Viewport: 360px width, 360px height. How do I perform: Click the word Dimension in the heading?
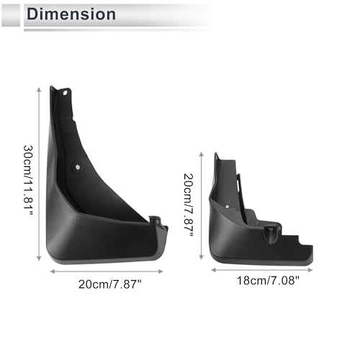click(71, 14)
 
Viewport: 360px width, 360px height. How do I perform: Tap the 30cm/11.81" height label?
click(28, 180)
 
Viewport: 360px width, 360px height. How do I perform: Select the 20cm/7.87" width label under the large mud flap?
click(110, 284)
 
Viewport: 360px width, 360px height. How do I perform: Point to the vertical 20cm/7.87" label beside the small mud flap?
click(189, 204)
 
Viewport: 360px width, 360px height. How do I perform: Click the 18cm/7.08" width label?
click(268, 280)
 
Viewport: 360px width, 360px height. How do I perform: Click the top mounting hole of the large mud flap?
click(65, 93)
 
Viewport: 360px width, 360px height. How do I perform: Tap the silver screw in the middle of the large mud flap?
click(78, 167)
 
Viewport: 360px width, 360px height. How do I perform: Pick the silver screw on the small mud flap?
click(227, 206)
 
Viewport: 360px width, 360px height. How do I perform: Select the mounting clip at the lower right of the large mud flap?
click(155, 220)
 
